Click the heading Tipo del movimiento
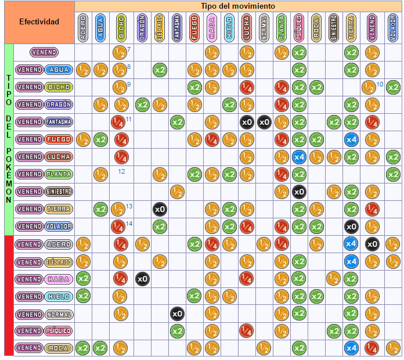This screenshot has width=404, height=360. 238,6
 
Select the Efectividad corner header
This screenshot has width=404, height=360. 39,22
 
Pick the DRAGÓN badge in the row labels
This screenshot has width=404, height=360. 59,105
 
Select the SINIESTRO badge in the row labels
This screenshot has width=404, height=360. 59,192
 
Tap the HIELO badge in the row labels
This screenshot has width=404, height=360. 59,296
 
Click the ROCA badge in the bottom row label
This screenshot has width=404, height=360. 59,348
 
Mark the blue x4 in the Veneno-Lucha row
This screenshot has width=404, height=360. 299,157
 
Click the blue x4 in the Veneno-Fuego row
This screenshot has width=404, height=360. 351,139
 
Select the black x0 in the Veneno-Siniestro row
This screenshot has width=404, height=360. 299,192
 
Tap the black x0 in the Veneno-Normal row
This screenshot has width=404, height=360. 177,314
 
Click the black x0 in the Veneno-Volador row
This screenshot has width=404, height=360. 351,226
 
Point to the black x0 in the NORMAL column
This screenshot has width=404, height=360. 264,122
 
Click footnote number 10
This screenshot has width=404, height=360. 380,84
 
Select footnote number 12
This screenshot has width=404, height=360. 122,171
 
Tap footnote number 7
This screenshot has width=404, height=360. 128,49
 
